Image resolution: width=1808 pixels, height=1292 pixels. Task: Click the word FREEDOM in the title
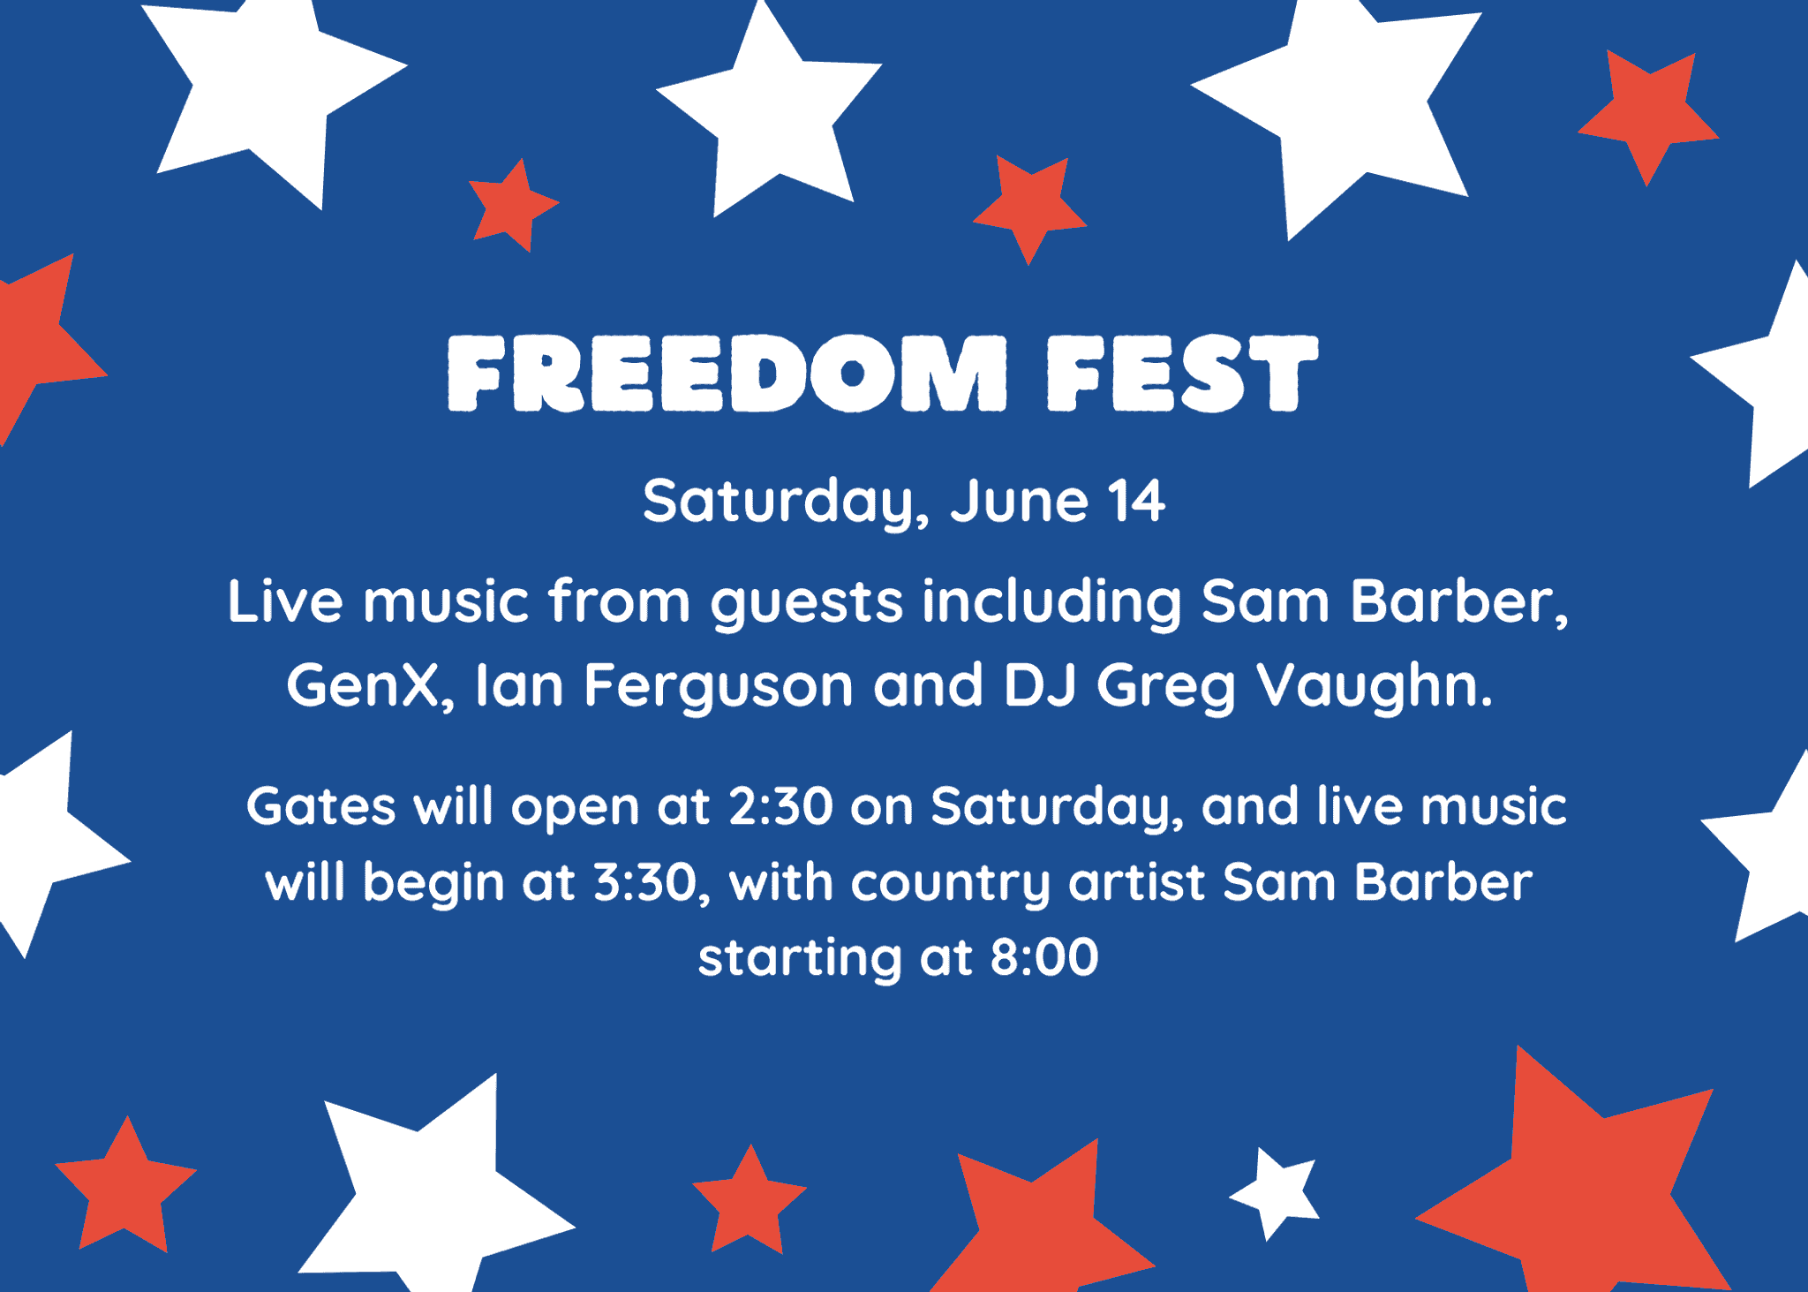click(x=727, y=374)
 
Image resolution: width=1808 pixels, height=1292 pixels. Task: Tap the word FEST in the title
click(x=1181, y=374)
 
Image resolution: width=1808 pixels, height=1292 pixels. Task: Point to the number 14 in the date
click(x=1137, y=502)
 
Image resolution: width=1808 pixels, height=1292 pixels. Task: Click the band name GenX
click(x=362, y=685)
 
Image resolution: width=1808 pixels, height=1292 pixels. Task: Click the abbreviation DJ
click(x=1039, y=685)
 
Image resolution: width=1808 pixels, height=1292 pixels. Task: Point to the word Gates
click(x=320, y=807)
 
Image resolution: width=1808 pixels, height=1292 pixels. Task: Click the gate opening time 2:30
click(x=780, y=807)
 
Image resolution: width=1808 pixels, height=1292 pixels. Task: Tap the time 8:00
click(x=1044, y=957)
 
